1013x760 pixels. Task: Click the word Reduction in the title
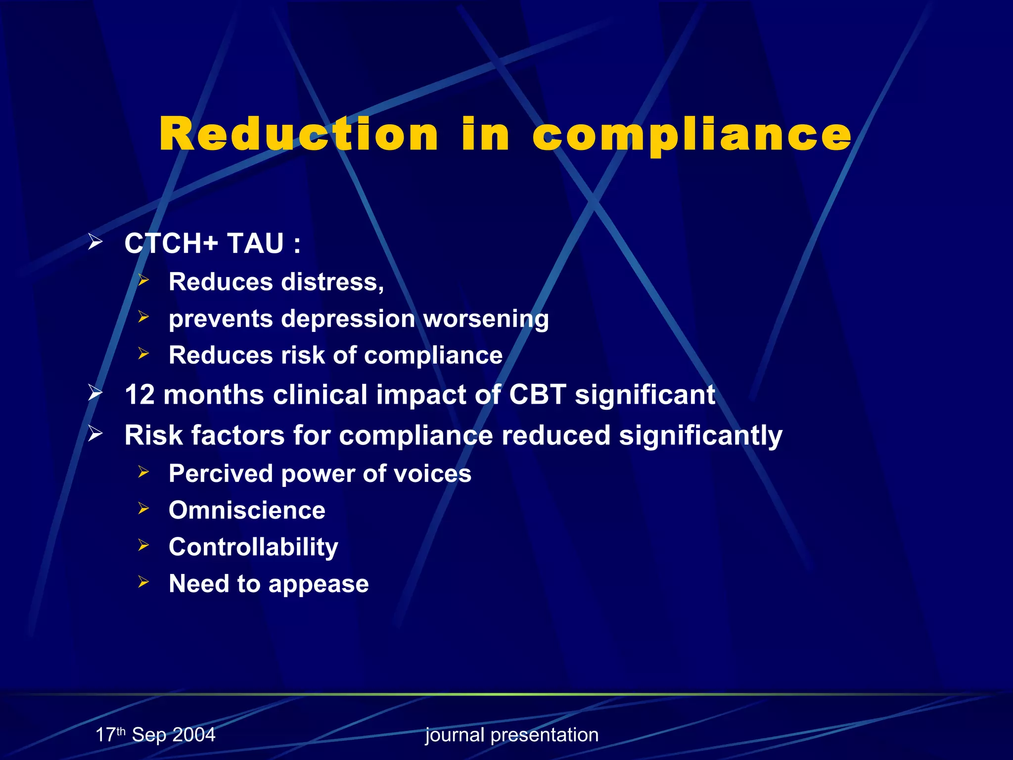pos(298,135)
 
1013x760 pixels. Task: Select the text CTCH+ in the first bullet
pos(171,243)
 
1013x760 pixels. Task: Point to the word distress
pos(332,282)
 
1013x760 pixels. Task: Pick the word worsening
pos(486,319)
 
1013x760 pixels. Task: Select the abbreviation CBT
pos(538,395)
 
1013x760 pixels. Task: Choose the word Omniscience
pos(247,510)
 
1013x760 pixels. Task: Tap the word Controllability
pos(253,547)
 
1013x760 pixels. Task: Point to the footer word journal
pos(455,735)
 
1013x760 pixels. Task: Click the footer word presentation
pos(544,735)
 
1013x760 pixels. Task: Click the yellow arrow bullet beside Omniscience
pos(143,508)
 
